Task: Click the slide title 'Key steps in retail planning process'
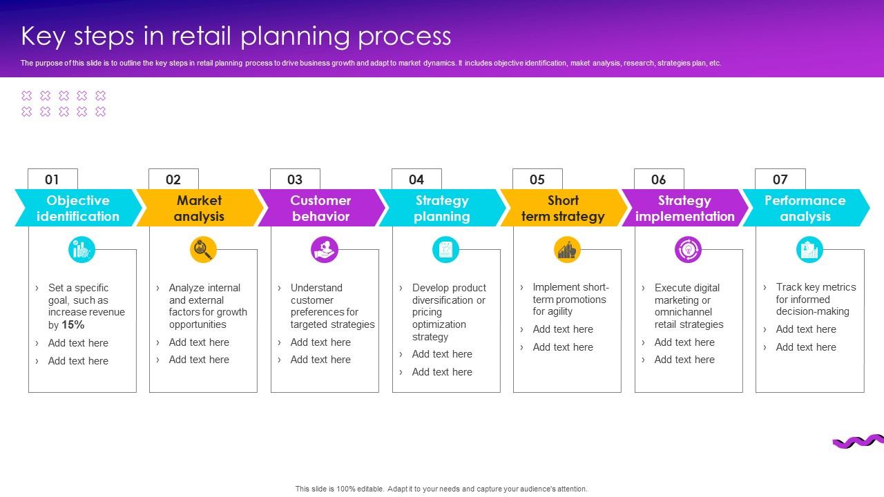pyautogui.click(x=236, y=36)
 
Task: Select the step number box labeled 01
pyautogui.click(x=52, y=179)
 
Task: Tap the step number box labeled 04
pyautogui.click(x=416, y=179)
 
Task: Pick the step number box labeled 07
pyautogui.click(x=780, y=179)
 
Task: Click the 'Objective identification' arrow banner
pyautogui.click(x=77, y=208)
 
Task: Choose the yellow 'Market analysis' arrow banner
pyautogui.click(x=199, y=208)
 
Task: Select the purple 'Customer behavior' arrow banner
pyautogui.click(x=320, y=208)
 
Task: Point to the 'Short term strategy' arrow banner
pyautogui.click(x=563, y=208)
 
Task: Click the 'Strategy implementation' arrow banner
pyautogui.click(x=684, y=208)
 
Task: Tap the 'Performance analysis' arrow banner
pyautogui.click(x=805, y=208)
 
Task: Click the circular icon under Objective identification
pyautogui.click(x=82, y=249)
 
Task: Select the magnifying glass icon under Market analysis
pyautogui.click(x=203, y=249)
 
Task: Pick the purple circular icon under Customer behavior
pyautogui.click(x=325, y=249)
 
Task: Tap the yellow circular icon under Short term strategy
pyautogui.click(x=567, y=249)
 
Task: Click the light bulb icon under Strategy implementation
pyautogui.click(x=688, y=249)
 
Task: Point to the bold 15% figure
pyautogui.click(x=73, y=325)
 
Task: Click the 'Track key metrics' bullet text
pyautogui.click(x=815, y=300)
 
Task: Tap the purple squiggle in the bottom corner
pyautogui.click(x=858, y=442)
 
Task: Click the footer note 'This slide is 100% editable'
pyautogui.click(x=441, y=489)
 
